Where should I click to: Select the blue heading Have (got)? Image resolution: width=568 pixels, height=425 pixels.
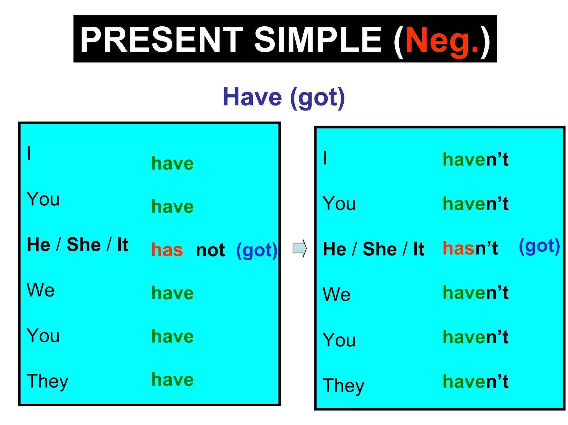tap(284, 97)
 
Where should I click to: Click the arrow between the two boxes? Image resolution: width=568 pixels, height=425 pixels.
tap(300, 248)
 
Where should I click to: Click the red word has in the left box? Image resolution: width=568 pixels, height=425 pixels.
tap(167, 250)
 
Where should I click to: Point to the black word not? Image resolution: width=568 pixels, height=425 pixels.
tap(210, 250)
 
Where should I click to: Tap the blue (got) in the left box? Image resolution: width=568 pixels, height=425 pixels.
tap(257, 250)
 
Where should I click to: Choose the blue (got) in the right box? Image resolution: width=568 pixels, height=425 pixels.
tap(539, 246)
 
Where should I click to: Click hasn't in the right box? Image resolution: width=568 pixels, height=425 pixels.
tap(470, 248)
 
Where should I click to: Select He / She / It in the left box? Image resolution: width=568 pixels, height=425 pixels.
tap(77, 245)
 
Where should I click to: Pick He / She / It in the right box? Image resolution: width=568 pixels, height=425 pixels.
tap(373, 249)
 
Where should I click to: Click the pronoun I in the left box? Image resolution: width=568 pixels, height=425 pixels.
tap(29, 154)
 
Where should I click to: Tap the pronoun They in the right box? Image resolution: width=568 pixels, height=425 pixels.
tap(343, 386)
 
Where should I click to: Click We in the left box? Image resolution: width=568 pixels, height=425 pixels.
tap(40, 290)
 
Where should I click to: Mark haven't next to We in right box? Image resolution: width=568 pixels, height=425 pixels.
tap(475, 293)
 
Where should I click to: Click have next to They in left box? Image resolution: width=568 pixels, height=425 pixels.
tap(172, 379)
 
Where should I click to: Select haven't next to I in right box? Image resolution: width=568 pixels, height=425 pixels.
tap(475, 159)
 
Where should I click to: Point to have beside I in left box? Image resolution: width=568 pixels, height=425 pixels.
tap(172, 163)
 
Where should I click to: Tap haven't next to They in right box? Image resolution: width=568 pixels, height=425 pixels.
tap(475, 381)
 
